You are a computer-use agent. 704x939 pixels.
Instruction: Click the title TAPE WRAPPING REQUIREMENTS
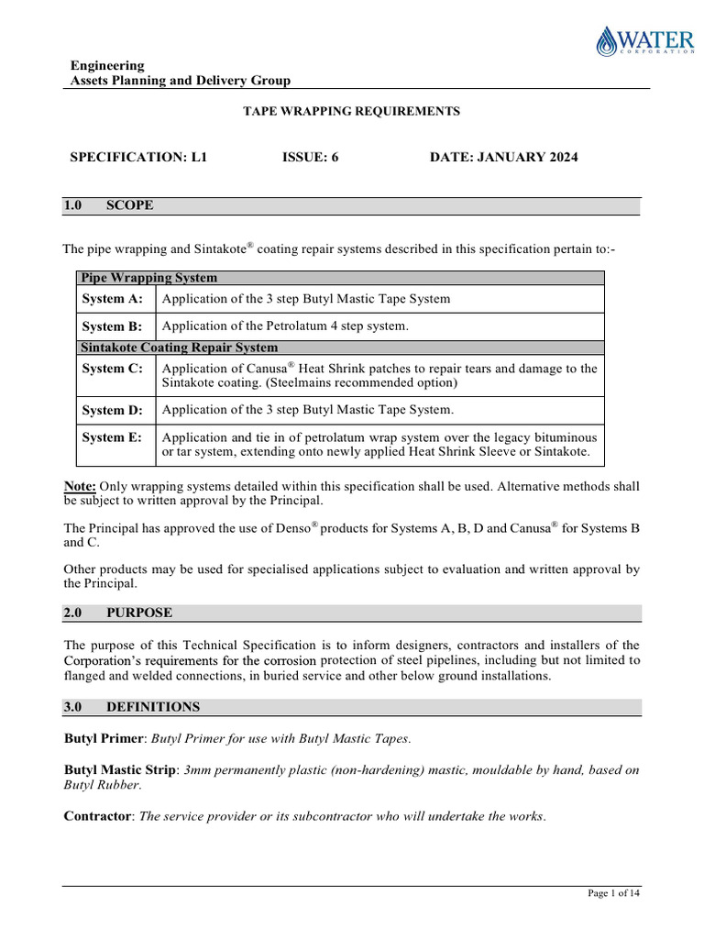351,111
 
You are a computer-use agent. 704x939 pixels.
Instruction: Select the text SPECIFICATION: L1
139,158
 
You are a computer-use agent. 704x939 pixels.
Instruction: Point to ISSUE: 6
311,158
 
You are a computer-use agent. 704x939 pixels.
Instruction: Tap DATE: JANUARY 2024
503,158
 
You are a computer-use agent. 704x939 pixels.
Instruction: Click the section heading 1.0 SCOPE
108,205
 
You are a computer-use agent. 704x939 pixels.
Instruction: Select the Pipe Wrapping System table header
149,278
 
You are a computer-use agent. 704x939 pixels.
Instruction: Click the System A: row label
113,299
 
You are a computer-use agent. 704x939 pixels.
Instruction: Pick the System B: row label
113,326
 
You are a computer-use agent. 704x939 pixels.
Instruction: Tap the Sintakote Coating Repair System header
180,348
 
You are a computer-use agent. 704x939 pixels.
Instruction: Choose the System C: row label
113,369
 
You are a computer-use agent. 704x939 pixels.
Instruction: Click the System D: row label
113,410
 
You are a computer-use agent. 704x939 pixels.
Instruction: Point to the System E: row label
113,437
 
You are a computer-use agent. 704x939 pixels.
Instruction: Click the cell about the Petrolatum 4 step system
285,326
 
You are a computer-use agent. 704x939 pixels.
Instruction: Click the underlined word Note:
80,486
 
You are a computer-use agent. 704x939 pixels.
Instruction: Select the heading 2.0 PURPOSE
117,613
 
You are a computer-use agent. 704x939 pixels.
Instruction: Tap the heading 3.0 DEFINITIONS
132,707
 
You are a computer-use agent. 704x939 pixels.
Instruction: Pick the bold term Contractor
98,816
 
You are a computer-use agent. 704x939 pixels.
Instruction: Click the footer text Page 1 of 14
613,895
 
